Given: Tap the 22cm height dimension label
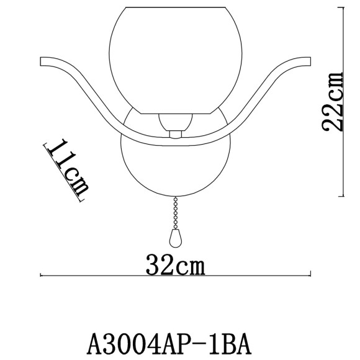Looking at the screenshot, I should [333, 102].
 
